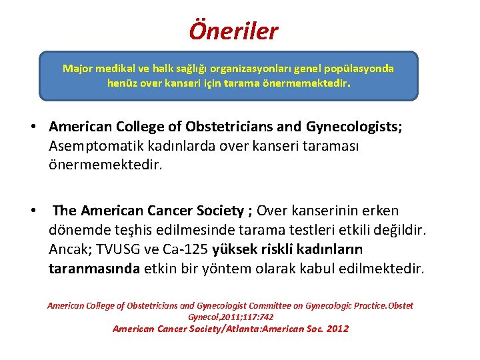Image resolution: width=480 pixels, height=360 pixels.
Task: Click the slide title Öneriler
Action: [x=233, y=30]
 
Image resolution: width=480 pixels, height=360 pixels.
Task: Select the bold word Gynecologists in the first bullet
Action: [x=353, y=127]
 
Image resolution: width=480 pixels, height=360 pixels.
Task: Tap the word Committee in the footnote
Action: [x=277, y=305]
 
